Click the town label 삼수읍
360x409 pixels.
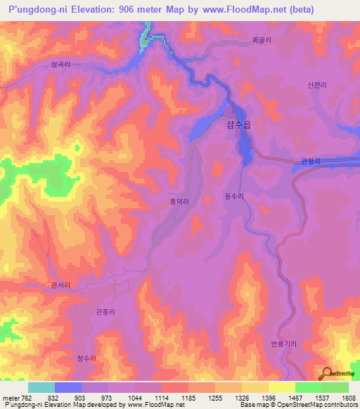tap(240, 126)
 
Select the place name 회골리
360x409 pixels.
tap(262, 41)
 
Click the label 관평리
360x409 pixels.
tap(310, 162)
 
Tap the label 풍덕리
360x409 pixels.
tap(179, 201)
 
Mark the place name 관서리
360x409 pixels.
tap(62, 285)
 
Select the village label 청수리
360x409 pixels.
tap(86, 358)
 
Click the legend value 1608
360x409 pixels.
tap(348, 397)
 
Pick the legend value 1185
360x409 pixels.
tap(188, 397)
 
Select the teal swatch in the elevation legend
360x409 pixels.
tap(41, 387)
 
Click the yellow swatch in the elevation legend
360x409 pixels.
tap(282, 387)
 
